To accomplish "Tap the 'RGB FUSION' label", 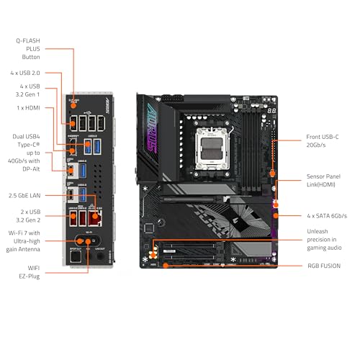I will point(324,266).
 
